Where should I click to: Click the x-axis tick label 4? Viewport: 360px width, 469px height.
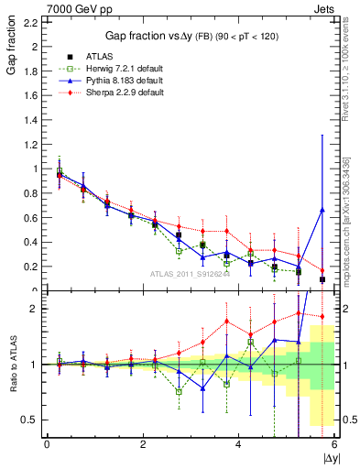238,445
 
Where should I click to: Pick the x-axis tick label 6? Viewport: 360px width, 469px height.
334,445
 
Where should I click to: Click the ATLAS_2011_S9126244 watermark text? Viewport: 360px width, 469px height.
190,273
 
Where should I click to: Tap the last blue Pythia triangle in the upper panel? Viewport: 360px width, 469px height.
322,210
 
